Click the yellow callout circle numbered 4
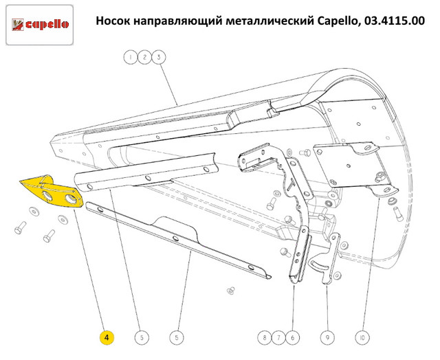(107, 337)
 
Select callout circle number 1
(131, 57)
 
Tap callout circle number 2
(144, 57)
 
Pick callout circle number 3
(159, 57)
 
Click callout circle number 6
(293, 337)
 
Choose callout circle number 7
(278, 337)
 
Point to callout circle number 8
(265, 337)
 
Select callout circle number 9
(327, 337)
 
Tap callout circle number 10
(362, 337)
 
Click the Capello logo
(40, 25)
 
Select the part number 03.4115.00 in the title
(394, 21)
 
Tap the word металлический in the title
(269, 21)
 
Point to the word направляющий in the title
(178, 21)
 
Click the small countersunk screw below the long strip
(231, 291)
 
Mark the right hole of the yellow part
(71, 199)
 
